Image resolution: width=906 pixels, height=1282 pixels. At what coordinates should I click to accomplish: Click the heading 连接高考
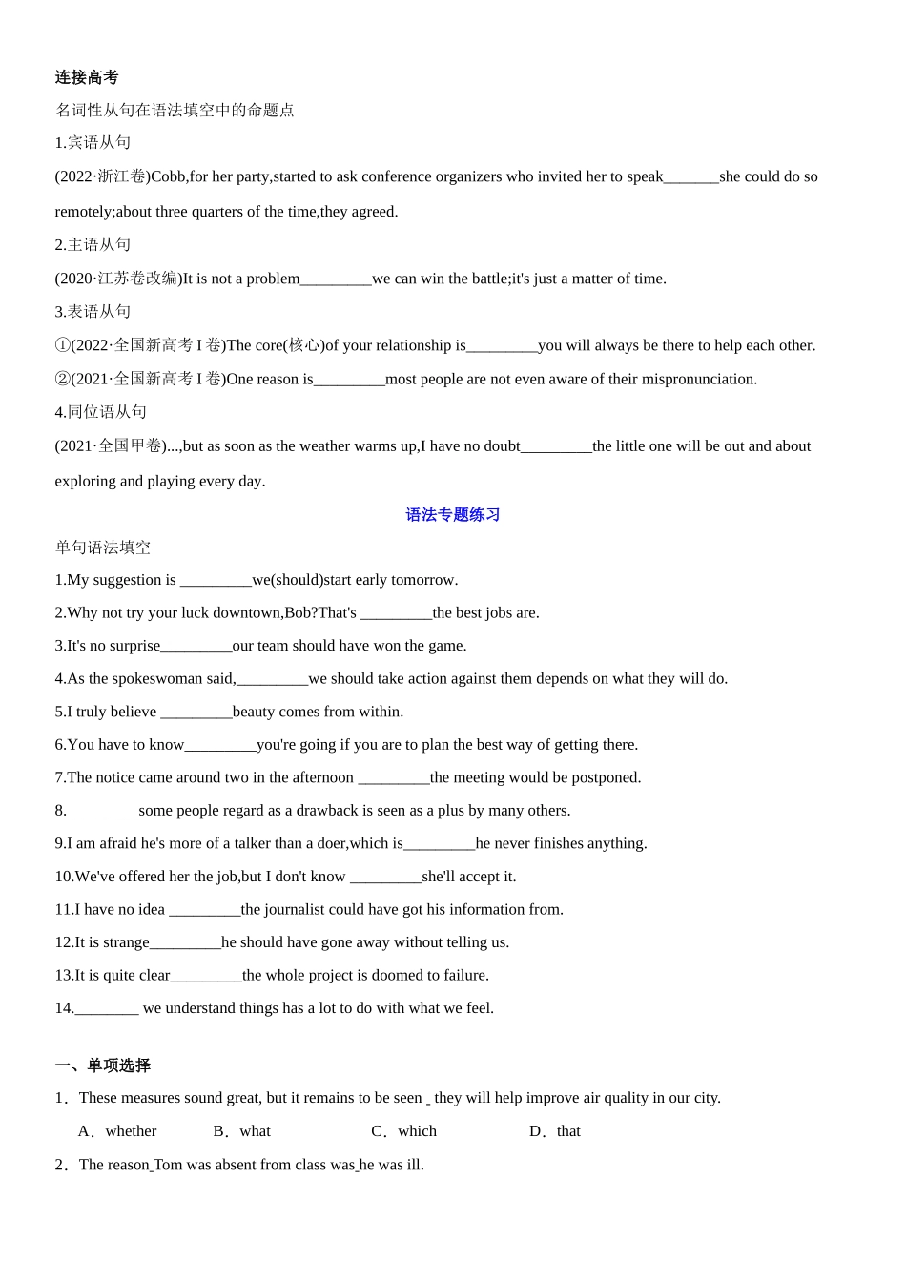click(87, 77)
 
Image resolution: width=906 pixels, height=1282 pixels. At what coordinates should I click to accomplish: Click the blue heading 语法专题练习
click(453, 515)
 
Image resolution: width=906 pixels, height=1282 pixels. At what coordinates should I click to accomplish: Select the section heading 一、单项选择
click(103, 1065)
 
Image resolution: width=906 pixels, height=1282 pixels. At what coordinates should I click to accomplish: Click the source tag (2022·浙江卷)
click(102, 176)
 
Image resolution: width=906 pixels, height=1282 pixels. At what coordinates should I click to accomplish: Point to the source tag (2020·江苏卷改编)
click(118, 279)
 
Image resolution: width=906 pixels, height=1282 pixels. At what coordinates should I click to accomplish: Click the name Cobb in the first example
click(168, 176)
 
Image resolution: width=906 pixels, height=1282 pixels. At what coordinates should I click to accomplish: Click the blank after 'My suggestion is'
click(216, 581)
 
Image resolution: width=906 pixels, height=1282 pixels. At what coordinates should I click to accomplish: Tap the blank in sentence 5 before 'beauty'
click(196, 713)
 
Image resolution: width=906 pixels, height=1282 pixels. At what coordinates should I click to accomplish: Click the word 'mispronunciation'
click(698, 380)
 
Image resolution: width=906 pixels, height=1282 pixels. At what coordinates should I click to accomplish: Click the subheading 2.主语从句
click(93, 245)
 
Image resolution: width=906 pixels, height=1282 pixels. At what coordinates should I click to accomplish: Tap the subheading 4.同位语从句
click(101, 412)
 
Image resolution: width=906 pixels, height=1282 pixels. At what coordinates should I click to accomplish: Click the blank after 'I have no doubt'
click(556, 447)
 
